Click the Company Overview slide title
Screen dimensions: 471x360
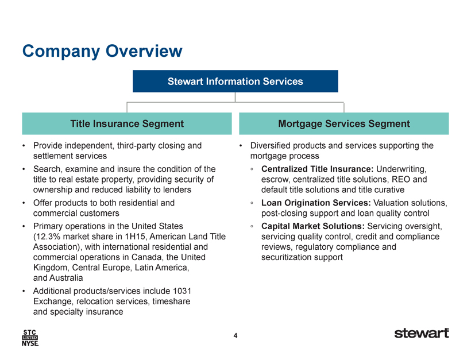pos(102,51)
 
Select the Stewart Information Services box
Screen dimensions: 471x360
pos(235,81)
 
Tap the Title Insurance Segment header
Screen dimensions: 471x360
pos(127,123)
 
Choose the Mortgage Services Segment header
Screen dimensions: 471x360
pos(344,123)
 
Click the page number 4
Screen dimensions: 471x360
pos(235,335)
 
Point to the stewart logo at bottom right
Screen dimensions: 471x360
pos(422,333)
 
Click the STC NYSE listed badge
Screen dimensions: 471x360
pos(30,338)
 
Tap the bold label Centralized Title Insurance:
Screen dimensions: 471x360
pos(317,169)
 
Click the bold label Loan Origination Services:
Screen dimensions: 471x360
pos(316,203)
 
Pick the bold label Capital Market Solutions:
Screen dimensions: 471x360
pos(313,226)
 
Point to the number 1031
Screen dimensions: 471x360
pos(182,291)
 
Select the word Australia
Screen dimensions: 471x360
pos(66,278)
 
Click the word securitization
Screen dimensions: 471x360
pos(283,257)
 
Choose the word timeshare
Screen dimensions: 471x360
pos(171,301)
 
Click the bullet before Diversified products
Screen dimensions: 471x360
pos(241,146)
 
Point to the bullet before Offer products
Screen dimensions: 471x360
pos(24,203)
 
